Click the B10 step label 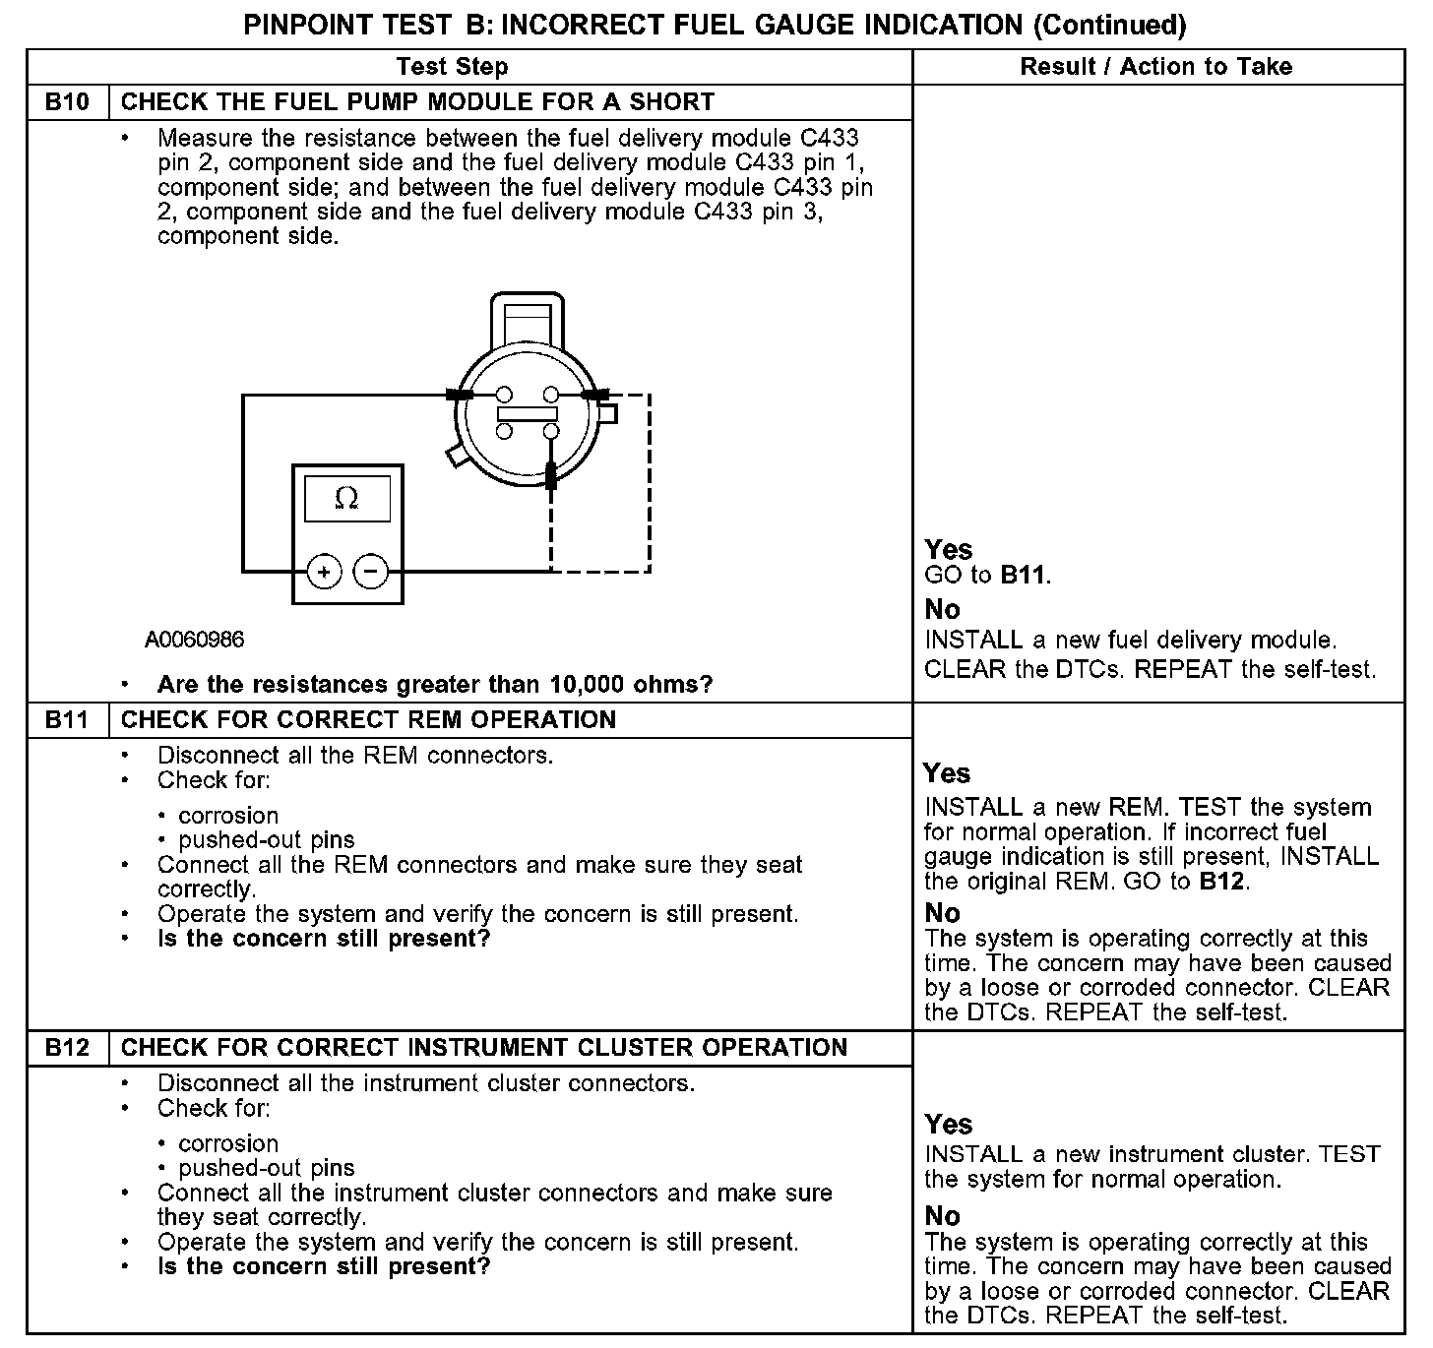67,102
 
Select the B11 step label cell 67,720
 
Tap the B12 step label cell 67,1048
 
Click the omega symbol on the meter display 346,499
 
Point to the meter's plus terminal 325,572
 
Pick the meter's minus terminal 370,572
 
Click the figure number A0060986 195,641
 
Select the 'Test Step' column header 452,67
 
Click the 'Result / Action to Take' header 1156,67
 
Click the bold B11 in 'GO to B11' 1023,576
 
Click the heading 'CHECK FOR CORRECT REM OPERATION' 368,720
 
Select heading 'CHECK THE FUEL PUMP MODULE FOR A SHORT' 417,102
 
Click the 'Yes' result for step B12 949,1125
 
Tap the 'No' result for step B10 943,610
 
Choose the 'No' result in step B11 943,913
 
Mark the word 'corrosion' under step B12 228,1144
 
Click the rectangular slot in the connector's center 529,413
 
